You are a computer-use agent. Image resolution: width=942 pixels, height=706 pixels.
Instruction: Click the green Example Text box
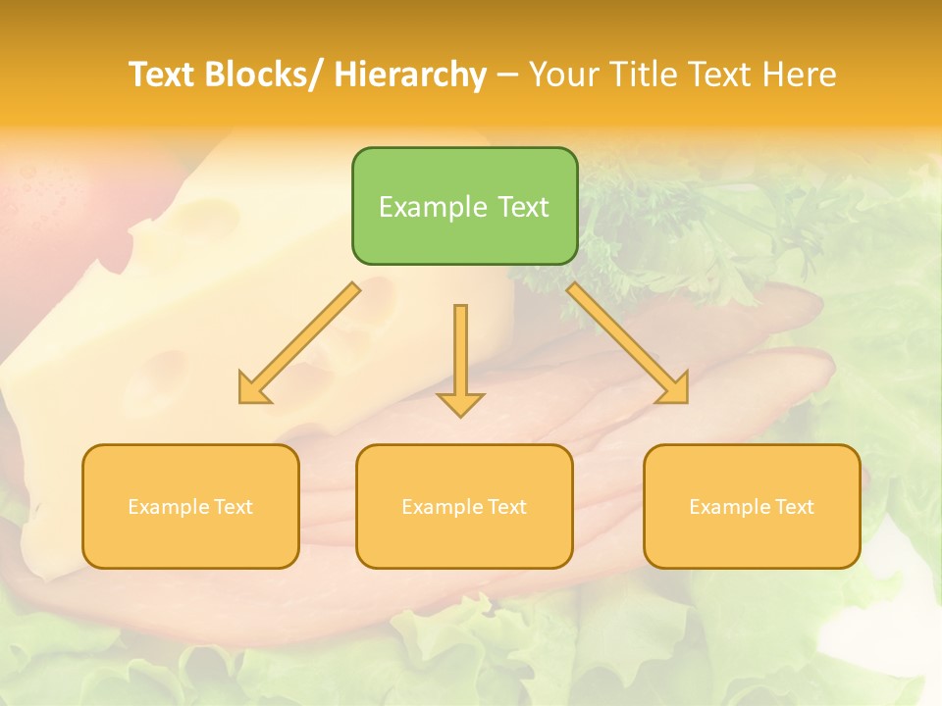click(464, 206)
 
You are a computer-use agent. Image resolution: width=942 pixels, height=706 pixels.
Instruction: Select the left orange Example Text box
click(190, 506)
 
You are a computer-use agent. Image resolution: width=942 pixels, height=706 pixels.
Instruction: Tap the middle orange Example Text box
click(464, 506)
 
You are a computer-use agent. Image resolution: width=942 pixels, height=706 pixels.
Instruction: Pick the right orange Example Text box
click(752, 506)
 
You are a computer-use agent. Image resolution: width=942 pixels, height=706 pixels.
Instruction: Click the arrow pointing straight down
click(460, 359)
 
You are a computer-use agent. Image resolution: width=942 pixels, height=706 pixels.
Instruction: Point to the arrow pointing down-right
click(628, 343)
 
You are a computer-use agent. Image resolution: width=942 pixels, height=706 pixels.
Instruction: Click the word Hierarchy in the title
click(410, 75)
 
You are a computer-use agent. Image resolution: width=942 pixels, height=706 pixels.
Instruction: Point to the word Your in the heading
click(564, 75)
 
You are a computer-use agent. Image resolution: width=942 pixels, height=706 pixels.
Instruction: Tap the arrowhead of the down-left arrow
click(251, 390)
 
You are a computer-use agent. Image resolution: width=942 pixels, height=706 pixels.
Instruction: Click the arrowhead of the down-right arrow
click(674, 390)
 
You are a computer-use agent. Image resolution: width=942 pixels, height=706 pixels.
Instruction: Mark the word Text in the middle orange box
click(506, 507)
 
